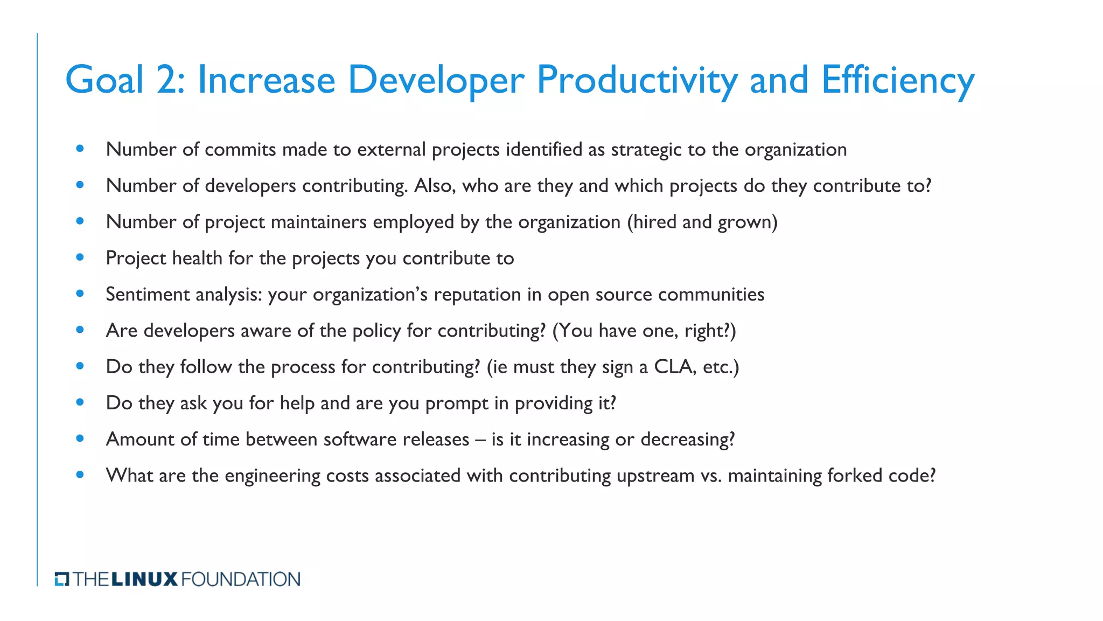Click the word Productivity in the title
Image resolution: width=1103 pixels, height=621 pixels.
[637, 80]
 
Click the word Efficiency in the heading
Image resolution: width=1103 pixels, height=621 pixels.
[897, 80]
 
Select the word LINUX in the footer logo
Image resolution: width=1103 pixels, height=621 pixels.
[144, 580]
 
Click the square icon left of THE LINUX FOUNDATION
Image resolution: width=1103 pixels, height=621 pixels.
[62, 580]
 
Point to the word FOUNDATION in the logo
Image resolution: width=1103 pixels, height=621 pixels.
[241, 580]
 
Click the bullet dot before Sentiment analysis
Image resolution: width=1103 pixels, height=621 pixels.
[80, 294]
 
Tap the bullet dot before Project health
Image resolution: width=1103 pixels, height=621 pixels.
[80, 258]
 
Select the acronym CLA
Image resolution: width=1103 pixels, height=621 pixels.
[673, 367]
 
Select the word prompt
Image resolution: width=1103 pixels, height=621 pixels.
[457, 403]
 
